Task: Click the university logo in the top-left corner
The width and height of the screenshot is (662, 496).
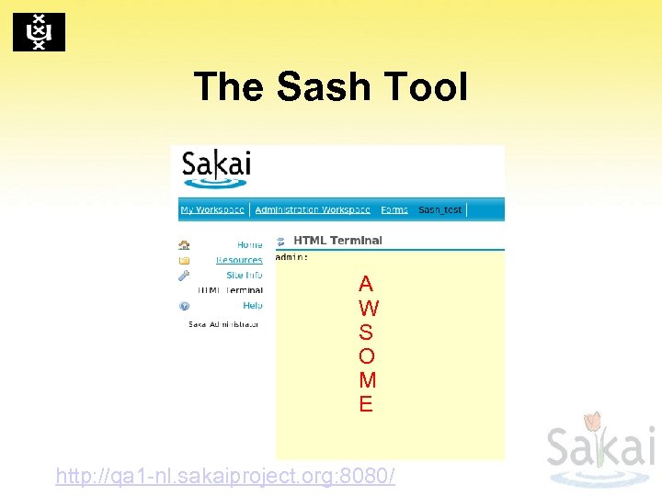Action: pyautogui.click(x=39, y=32)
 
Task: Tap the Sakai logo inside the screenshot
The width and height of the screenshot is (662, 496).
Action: pyautogui.click(x=216, y=168)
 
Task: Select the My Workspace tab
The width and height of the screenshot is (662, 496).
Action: pyautogui.click(x=212, y=209)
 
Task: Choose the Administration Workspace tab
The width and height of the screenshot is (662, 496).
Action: pyautogui.click(x=313, y=209)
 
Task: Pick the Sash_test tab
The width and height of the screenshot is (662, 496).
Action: pyautogui.click(x=440, y=209)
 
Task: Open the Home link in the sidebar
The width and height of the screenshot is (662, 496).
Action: pyautogui.click(x=249, y=245)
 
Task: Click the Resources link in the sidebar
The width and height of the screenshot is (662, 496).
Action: pyautogui.click(x=239, y=260)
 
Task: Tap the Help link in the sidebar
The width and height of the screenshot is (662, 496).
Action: pyautogui.click(x=252, y=305)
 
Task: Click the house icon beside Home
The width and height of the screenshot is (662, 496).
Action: pyautogui.click(x=184, y=245)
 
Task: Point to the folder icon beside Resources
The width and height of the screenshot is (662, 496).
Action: pyautogui.click(x=184, y=260)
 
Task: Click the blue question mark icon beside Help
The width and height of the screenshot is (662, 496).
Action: pyautogui.click(x=184, y=305)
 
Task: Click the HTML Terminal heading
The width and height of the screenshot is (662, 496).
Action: pyautogui.click(x=337, y=241)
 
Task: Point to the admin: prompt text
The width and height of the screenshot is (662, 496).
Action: pyautogui.click(x=292, y=257)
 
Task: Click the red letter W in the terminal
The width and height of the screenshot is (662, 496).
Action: pyautogui.click(x=367, y=308)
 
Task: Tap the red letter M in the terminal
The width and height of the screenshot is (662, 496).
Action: pyautogui.click(x=367, y=379)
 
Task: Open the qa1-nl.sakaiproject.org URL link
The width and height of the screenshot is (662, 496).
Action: pyautogui.click(x=225, y=476)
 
